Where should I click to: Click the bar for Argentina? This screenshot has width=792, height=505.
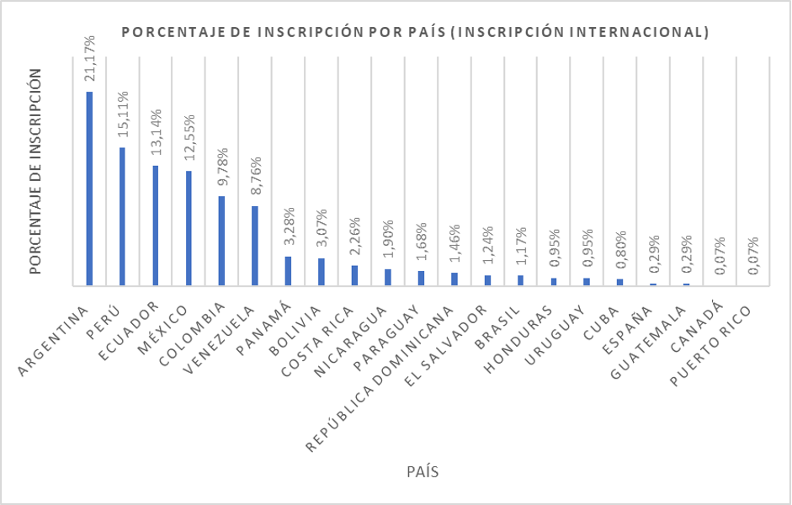coord(89,189)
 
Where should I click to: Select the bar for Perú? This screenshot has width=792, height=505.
coord(122,216)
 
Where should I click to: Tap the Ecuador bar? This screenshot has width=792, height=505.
coord(156,226)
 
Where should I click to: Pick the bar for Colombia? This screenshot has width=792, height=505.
coord(221,241)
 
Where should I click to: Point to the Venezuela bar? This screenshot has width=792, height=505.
coord(255,246)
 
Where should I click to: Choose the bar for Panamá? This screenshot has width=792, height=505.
coord(288,271)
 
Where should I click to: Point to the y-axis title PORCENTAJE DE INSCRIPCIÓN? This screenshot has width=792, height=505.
coord(35,172)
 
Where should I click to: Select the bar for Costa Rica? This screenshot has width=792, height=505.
coord(354,275)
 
